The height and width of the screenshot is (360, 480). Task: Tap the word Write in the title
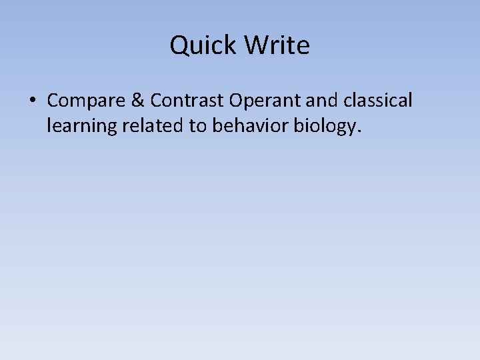click(x=277, y=45)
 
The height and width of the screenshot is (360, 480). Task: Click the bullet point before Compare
click(x=32, y=101)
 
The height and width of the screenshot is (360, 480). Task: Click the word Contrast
click(x=187, y=101)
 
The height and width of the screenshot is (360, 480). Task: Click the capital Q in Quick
click(x=179, y=46)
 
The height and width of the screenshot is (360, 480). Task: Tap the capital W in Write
click(x=257, y=45)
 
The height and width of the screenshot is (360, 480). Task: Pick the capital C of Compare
click(x=53, y=101)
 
